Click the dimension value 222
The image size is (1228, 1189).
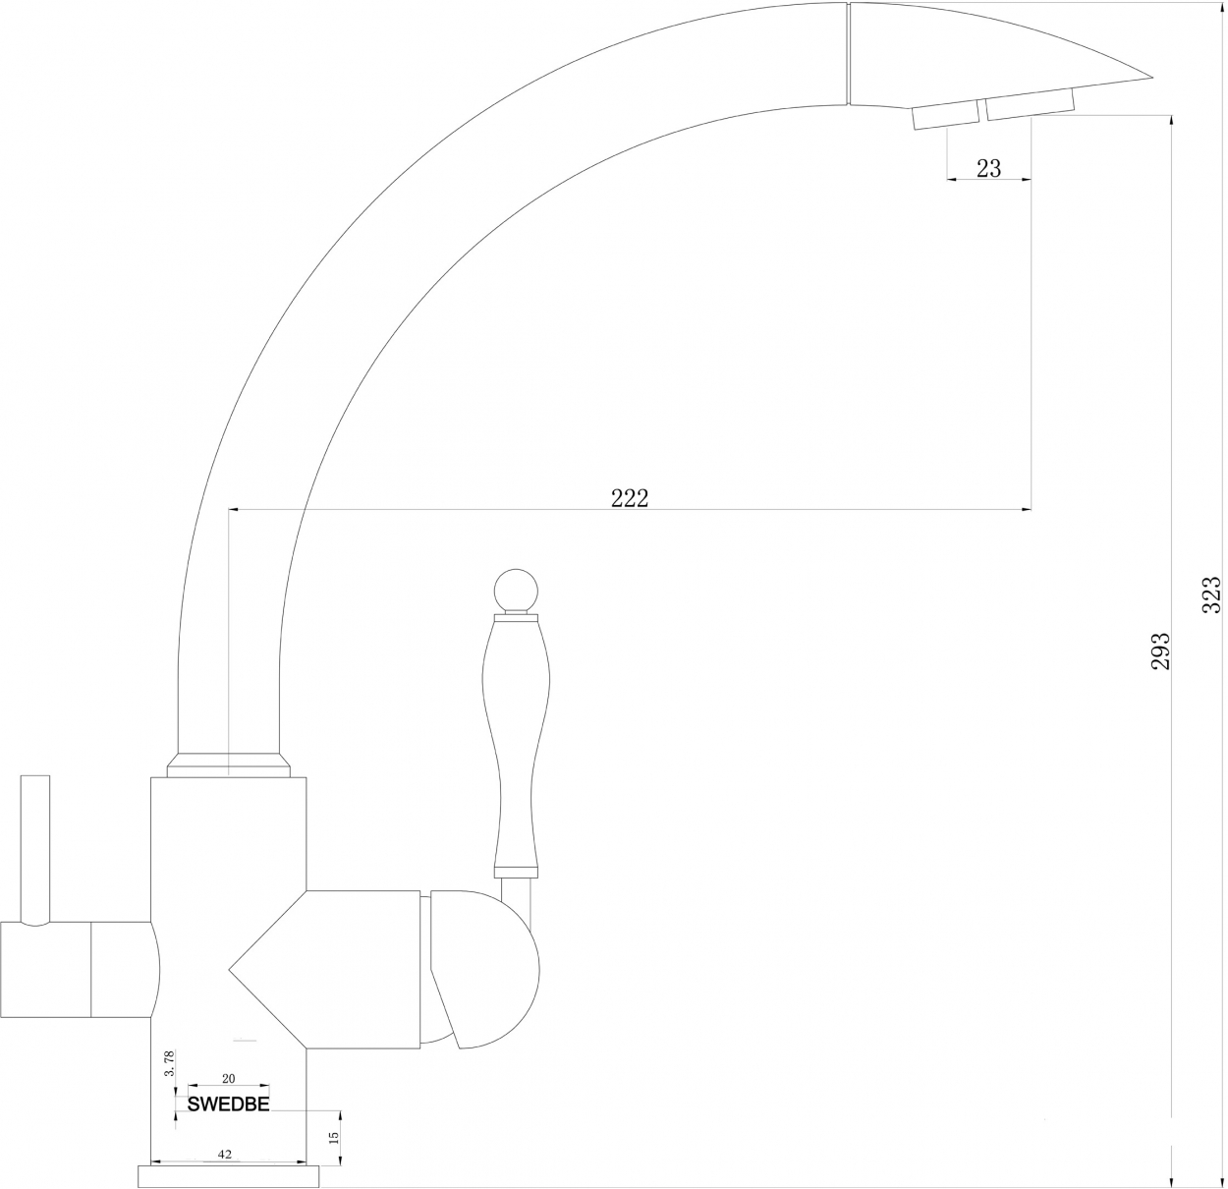[x=629, y=498]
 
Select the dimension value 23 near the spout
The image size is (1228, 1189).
[x=989, y=168]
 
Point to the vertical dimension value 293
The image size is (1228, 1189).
[x=1161, y=651]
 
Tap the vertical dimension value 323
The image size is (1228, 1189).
[x=1212, y=594]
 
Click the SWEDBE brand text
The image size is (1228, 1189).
[x=229, y=1104]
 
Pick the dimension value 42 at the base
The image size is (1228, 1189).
[x=225, y=1155]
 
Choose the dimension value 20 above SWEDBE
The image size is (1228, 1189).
[x=229, y=1079]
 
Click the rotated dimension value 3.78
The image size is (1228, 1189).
[x=169, y=1064]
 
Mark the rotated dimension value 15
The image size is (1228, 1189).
[x=334, y=1137]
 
